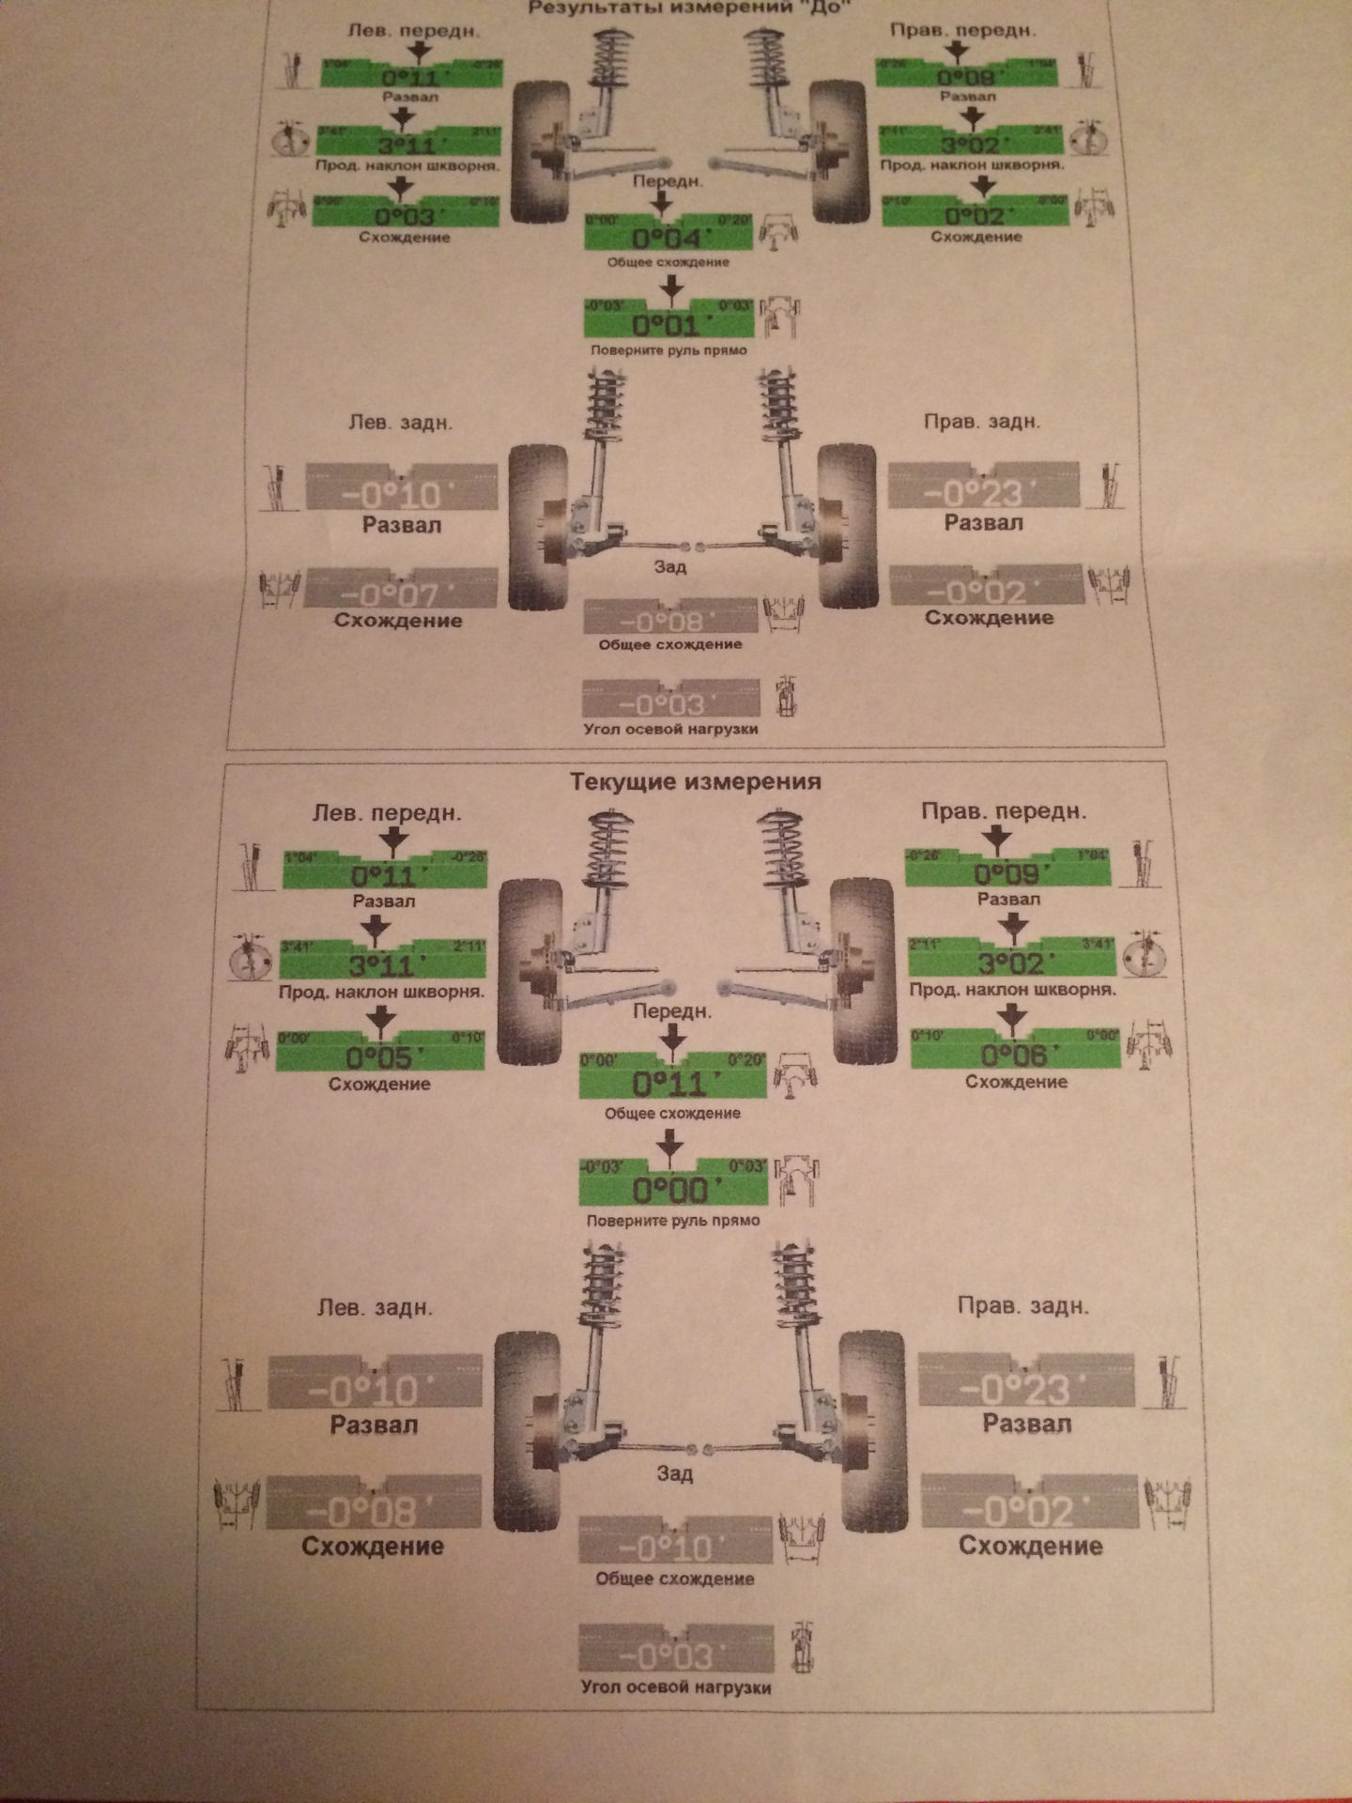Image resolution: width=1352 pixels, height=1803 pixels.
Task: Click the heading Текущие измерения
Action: pyautogui.click(x=696, y=781)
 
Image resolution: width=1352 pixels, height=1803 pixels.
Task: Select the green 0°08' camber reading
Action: pyautogui.click(x=967, y=76)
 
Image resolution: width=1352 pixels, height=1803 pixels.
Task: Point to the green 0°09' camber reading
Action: pyautogui.click(x=1006, y=875)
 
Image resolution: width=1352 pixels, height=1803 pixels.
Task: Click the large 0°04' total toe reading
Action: pyautogui.click(x=667, y=237)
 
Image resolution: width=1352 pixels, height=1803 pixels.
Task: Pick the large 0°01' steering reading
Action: pyautogui.click(x=666, y=325)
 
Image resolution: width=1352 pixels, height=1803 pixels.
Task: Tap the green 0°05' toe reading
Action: pyautogui.click(x=379, y=1057)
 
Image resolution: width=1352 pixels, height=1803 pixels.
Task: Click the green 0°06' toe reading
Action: pyautogui.click(x=1014, y=1056)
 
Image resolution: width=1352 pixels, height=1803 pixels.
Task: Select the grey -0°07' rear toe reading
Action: pyautogui.click(x=400, y=595)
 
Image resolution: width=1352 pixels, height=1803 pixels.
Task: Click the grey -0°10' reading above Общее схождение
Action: pyautogui.click(x=674, y=1548)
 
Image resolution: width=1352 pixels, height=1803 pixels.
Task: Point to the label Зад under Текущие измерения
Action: pyautogui.click(x=674, y=1473)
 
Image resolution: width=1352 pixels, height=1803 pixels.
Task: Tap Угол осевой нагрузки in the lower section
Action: pyautogui.click(x=676, y=1687)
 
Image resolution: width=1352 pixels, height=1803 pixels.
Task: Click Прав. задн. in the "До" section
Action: pyautogui.click(x=982, y=422)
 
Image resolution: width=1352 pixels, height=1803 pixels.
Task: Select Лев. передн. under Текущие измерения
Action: pyautogui.click(x=387, y=813)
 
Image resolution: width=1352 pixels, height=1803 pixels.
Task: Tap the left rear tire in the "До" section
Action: pyautogui.click(x=537, y=528)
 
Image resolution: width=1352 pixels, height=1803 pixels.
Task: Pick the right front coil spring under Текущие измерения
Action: pyautogui.click(x=785, y=855)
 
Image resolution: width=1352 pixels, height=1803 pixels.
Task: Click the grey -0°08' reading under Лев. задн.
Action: pyautogui.click(x=374, y=1512)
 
